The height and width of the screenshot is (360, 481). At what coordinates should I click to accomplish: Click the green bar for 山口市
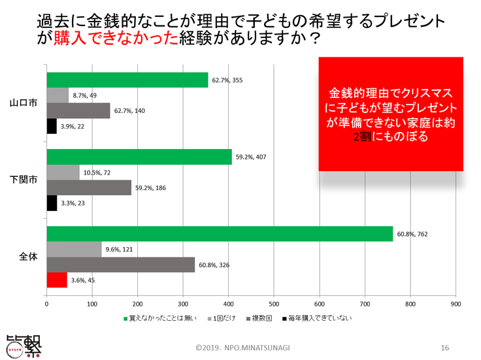coord(127,79)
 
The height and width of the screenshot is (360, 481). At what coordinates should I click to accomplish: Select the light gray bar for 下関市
coord(63,172)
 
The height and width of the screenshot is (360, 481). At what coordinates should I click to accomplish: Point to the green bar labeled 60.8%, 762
coord(220,233)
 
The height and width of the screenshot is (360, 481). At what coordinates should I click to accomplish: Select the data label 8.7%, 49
coord(85,95)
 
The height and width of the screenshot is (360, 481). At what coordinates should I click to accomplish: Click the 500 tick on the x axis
coord(274,304)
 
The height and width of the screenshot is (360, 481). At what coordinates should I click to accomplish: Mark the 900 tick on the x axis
coord(456,304)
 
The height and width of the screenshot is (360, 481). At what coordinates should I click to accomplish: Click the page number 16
coord(444,346)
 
